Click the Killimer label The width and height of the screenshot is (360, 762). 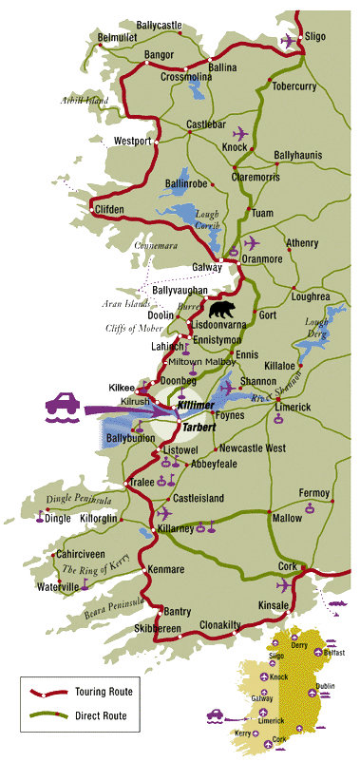tap(197, 407)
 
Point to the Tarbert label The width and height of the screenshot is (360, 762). tap(199, 428)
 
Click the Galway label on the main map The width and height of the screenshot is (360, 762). tap(206, 268)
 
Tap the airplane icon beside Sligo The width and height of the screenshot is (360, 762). tap(289, 40)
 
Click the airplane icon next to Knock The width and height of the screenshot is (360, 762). tap(238, 132)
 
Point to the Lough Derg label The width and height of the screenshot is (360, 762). tap(316, 328)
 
